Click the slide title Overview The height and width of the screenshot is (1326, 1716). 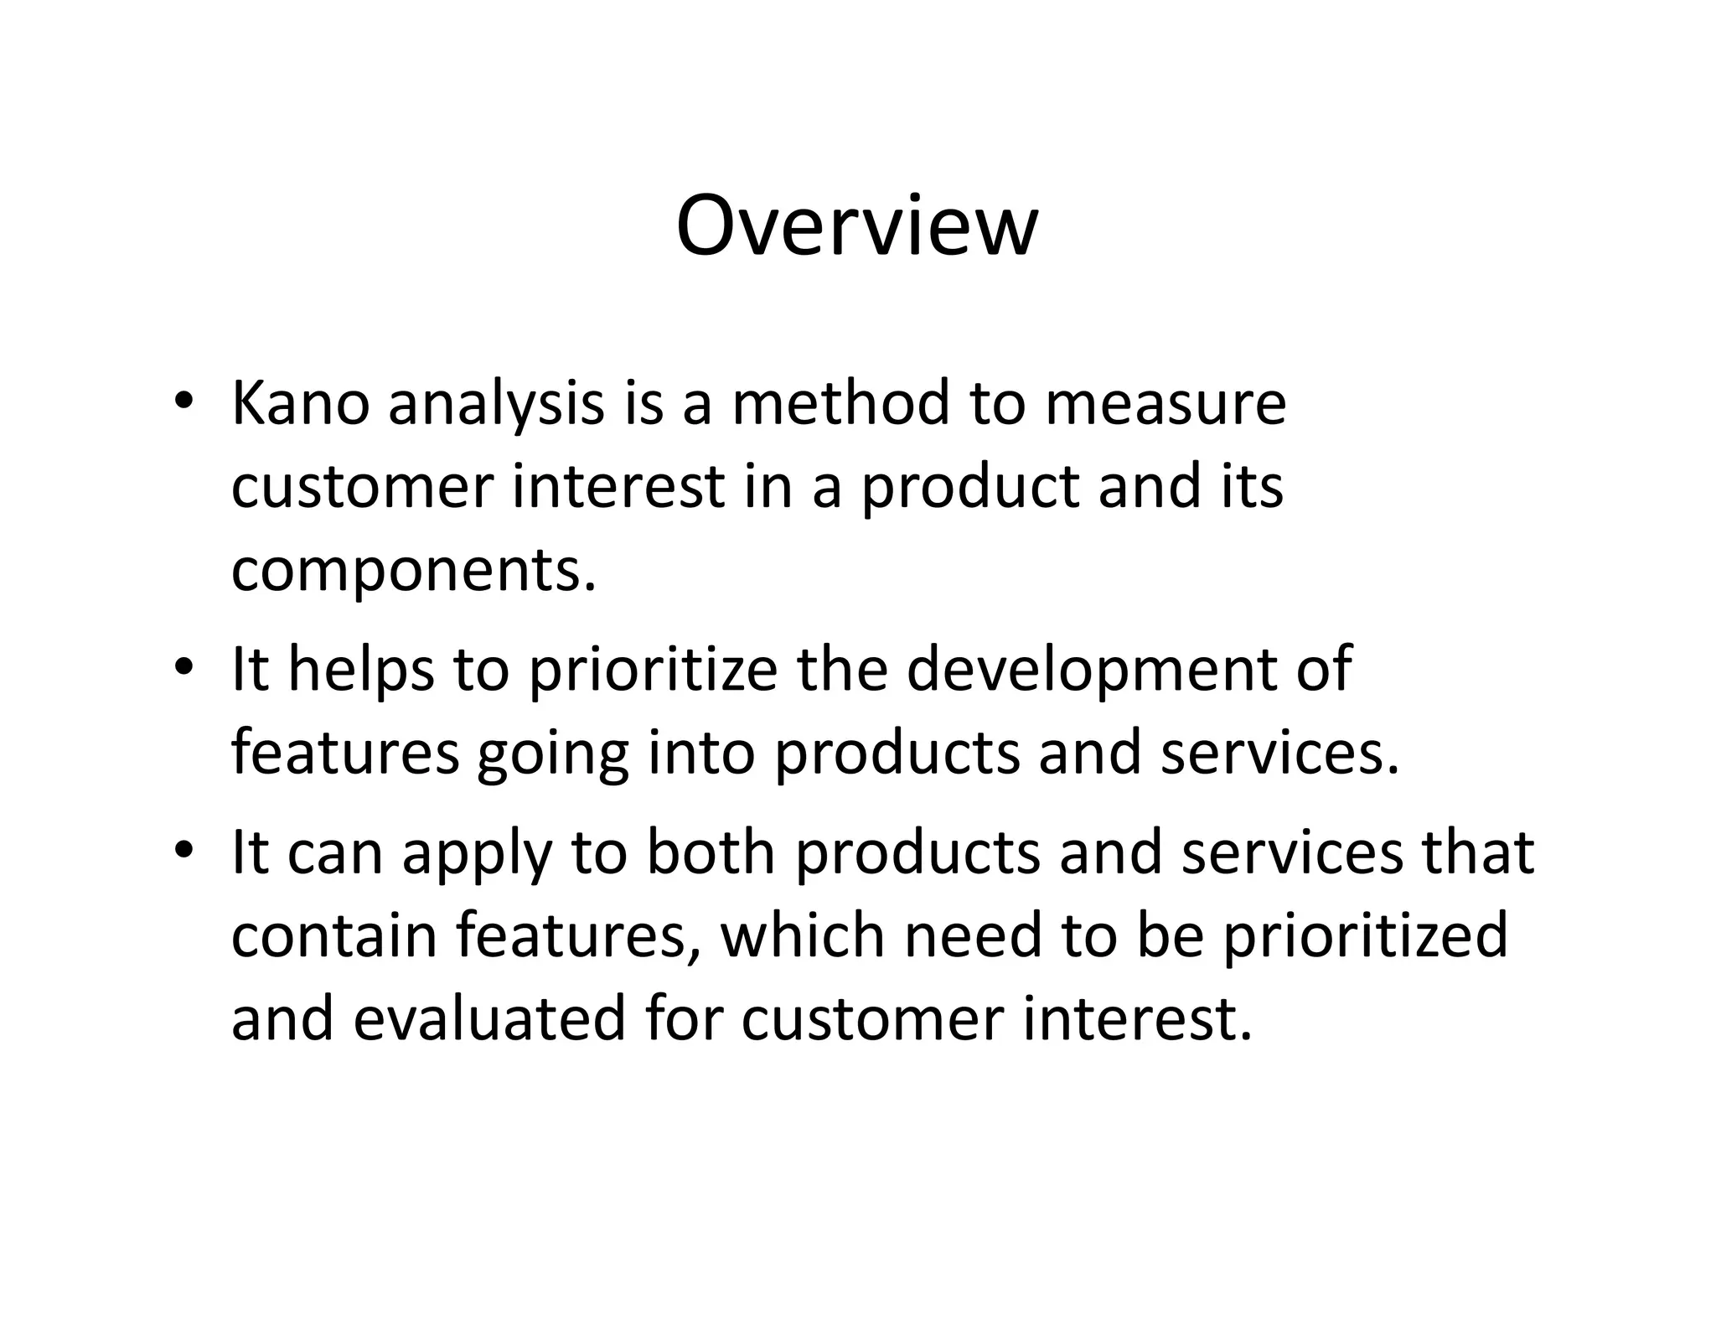[x=856, y=226]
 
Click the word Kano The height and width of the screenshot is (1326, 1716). [x=300, y=403]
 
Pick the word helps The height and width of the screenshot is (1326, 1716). [x=361, y=671]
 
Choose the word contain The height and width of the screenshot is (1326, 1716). [x=334, y=935]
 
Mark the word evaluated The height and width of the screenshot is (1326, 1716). [x=490, y=1019]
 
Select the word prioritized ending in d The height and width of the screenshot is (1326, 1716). [x=1364, y=937]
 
